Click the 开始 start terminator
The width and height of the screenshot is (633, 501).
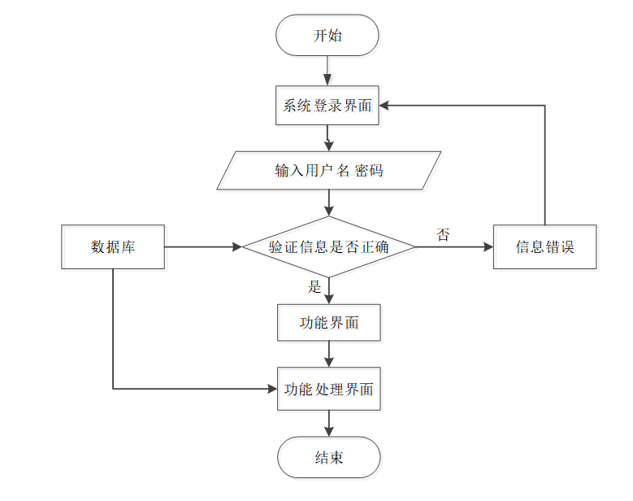(x=327, y=35)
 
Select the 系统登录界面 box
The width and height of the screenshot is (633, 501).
(x=327, y=106)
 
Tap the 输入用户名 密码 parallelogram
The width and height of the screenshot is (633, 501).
(x=329, y=171)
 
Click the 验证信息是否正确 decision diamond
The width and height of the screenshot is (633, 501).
(x=329, y=247)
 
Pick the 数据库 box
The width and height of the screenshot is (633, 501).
(x=113, y=247)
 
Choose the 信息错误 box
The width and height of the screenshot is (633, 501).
(x=545, y=247)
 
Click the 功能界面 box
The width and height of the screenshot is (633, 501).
(x=329, y=323)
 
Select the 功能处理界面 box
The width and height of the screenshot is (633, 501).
(x=329, y=389)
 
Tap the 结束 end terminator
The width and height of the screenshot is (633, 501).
(x=329, y=457)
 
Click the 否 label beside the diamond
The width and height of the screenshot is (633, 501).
(x=443, y=234)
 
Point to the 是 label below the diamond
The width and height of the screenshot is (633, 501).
(x=314, y=287)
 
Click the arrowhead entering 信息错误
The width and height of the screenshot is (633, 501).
(x=488, y=247)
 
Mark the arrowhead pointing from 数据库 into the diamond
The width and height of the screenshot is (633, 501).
(x=237, y=247)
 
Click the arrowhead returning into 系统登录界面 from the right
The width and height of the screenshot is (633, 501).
(x=384, y=106)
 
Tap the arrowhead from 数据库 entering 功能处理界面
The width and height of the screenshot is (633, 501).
(x=272, y=389)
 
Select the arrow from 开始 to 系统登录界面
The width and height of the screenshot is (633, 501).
(x=327, y=71)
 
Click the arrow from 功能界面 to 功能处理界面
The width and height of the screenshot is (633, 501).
(x=329, y=355)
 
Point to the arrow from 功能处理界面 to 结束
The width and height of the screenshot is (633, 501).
(x=329, y=424)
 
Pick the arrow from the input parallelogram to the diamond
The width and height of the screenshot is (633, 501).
(x=329, y=203)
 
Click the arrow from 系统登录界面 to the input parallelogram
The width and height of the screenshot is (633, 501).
(x=327, y=138)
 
